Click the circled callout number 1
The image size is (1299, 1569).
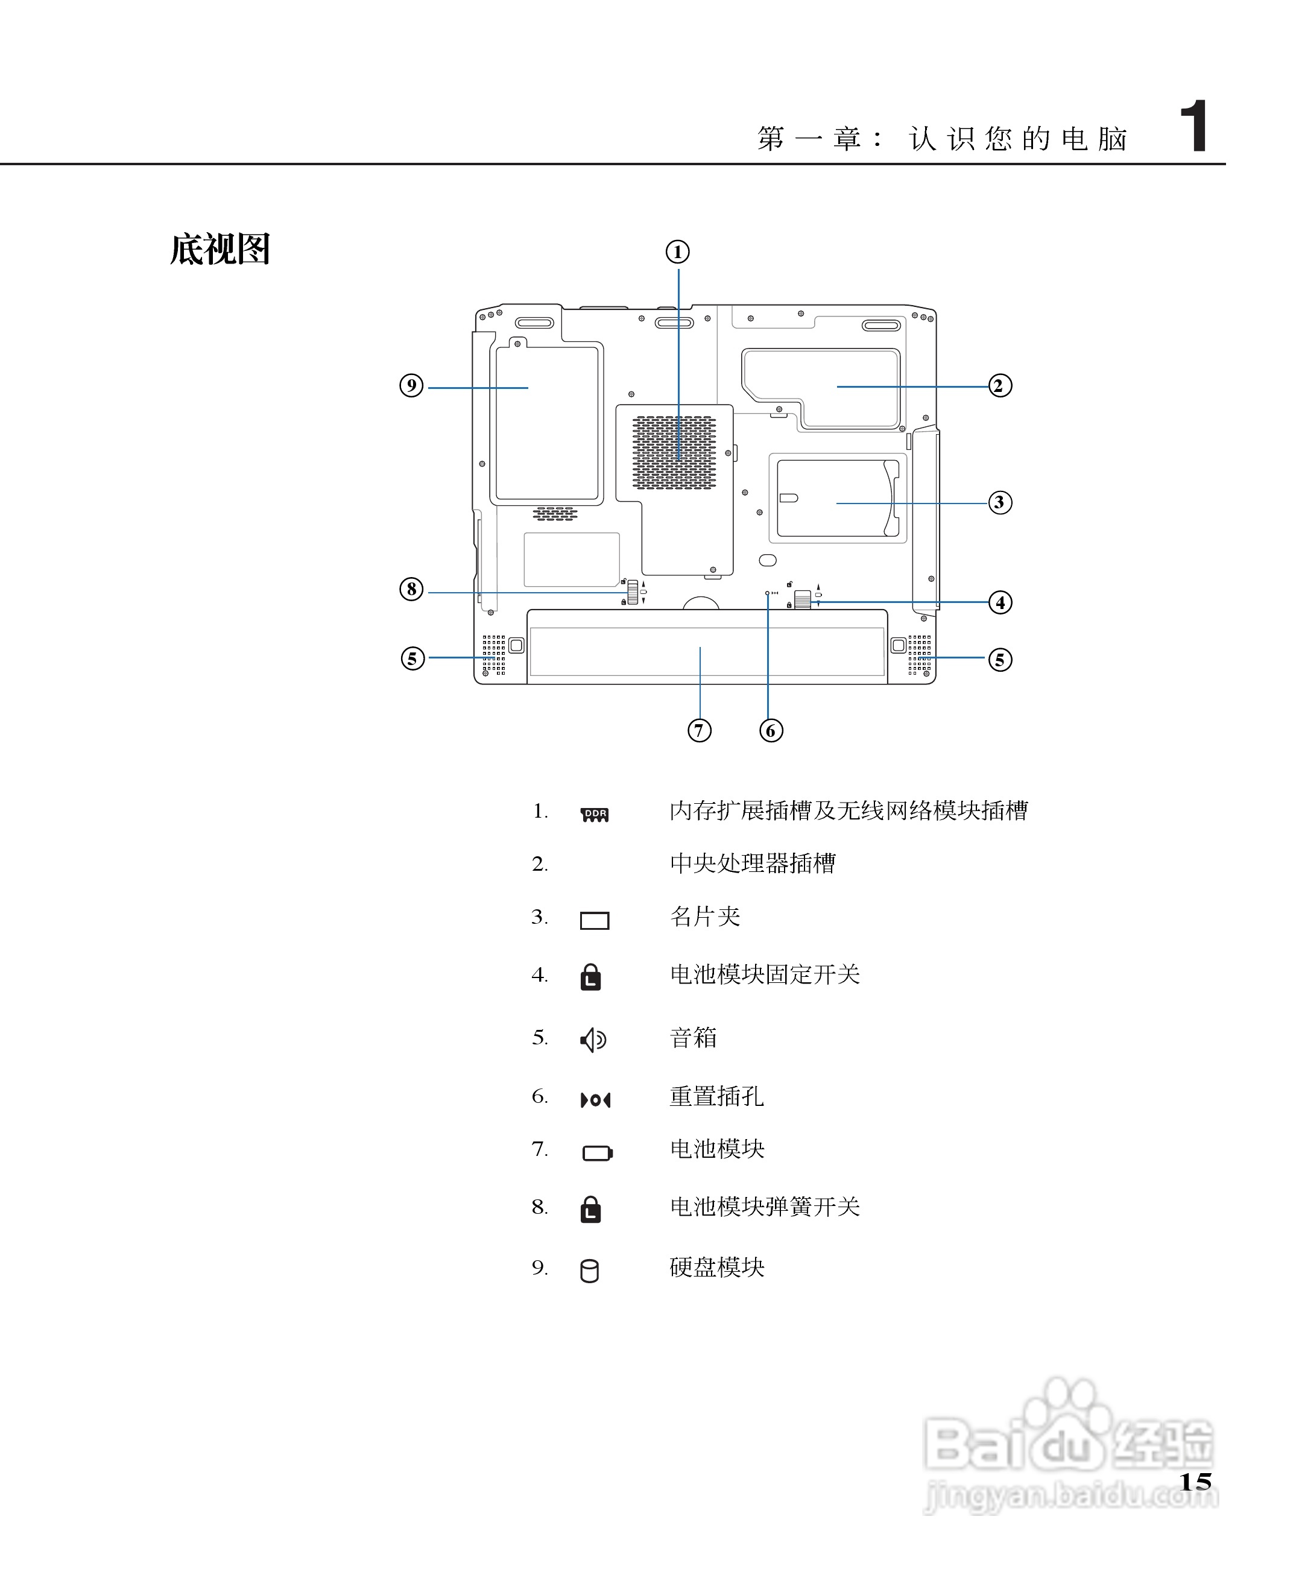[x=677, y=252]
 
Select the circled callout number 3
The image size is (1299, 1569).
[x=999, y=502]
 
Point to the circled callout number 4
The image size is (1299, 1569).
[x=1000, y=602]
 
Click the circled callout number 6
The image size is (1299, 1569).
[x=771, y=730]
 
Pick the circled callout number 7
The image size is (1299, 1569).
[x=699, y=730]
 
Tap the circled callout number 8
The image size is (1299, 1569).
[x=411, y=589]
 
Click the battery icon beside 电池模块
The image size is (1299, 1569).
[x=597, y=1153]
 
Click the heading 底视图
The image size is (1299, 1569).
[x=220, y=249]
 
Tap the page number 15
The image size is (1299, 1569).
[x=1194, y=1482]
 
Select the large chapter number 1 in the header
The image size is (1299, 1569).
[x=1193, y=127]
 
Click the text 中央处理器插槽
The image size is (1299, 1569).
[x=752, y=863]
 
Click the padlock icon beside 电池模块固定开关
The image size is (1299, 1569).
[x=590, y=976]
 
